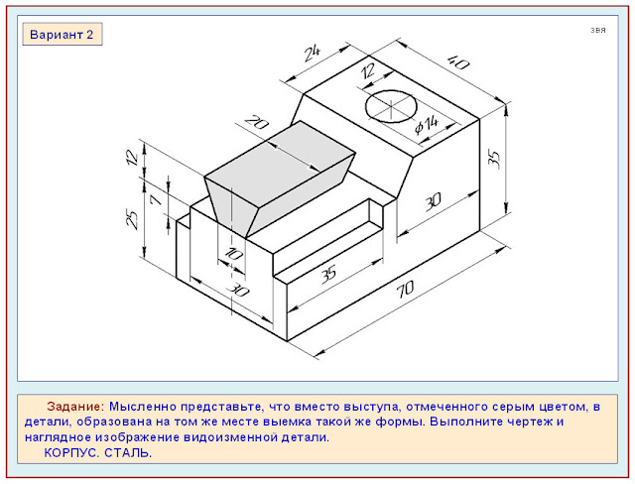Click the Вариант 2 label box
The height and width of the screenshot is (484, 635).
coord(62,35)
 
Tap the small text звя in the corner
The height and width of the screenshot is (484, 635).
coord(597,31)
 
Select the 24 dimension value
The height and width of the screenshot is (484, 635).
coord(313,53)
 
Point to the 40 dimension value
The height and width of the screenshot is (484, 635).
coord(458,62)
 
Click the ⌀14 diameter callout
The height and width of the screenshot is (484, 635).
coord(427,124)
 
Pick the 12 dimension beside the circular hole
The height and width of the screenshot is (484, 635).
coord(368,72)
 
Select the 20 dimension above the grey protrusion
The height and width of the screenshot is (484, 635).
coord(256,123)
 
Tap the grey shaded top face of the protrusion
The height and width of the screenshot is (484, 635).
coord(280,163)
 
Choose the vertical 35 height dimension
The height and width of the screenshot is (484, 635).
coord(494,158)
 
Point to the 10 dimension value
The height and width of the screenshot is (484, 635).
coord(233,254)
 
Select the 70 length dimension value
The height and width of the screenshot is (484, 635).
coord(405,289)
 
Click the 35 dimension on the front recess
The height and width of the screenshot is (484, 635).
coord(328,275)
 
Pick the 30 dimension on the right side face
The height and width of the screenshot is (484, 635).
coord(433,201)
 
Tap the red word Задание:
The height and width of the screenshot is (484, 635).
coord(75,407)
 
